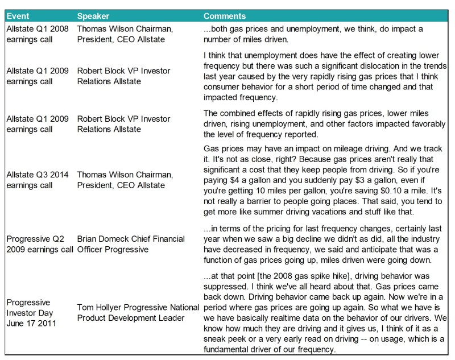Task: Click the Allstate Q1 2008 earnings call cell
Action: click(36, 34)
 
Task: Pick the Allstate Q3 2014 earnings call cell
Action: click(37, 180)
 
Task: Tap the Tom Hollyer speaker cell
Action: click(138, 312)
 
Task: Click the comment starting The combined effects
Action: click(316, 124)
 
